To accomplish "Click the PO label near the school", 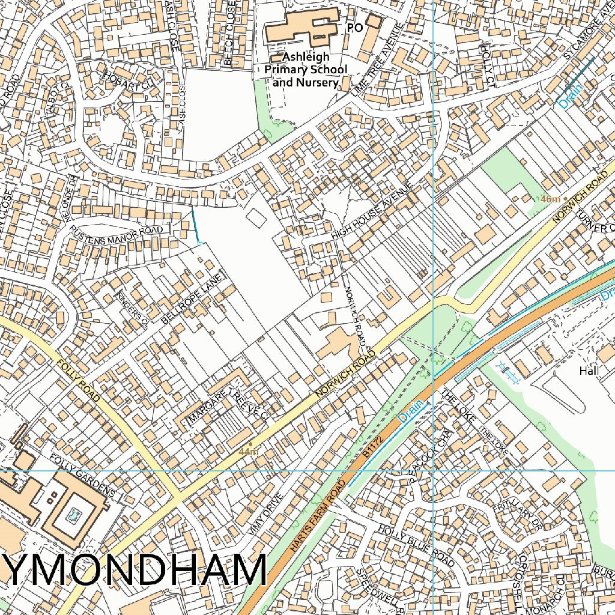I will point(355,28).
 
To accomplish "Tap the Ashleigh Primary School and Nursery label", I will point(306,69).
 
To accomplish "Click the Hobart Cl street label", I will point(127,82).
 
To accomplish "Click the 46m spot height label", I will point(550,199).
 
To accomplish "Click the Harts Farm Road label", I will point(317,517).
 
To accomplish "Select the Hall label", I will point(589,371).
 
